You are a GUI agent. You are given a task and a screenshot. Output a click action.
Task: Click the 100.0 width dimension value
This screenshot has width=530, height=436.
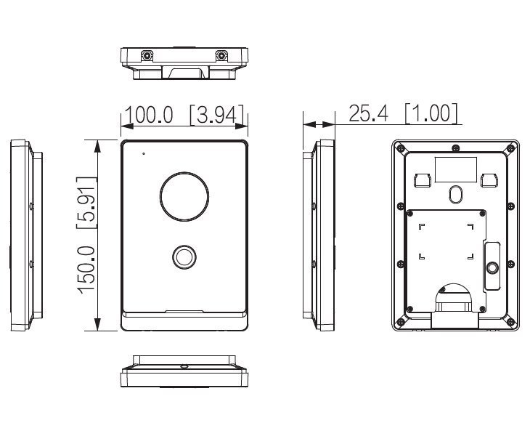click(149, 115)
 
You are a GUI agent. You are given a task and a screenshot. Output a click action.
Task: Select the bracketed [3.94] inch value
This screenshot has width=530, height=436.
click(217, 115)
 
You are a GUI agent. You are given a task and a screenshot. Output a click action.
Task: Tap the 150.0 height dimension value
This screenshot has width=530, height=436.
click(86, 270)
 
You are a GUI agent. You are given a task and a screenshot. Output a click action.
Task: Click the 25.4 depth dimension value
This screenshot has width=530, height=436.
click(368, 113)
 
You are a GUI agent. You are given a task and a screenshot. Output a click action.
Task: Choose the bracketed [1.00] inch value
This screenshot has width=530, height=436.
click(431, 113)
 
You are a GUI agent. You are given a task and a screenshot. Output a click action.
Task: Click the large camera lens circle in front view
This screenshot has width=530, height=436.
click(184, 196)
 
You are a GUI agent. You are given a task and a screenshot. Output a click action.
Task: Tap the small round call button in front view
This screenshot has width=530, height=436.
click(184, 257)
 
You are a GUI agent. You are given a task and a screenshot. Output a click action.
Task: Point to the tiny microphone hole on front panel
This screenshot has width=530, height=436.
click(144, 154)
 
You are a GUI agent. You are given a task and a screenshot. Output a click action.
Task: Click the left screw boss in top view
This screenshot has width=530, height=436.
click(147, 55)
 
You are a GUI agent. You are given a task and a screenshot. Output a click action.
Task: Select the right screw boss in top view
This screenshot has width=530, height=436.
click(221, 55)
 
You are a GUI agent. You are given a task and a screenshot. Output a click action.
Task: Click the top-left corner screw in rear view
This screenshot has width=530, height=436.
click(401, 148)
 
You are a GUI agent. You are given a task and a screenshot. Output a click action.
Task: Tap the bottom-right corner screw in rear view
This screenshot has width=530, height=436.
click(510, 322)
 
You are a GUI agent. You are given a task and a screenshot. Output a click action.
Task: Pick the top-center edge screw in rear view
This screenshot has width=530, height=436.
click(456, 148)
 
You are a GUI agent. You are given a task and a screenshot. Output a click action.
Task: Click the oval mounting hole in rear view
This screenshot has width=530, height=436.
click(455, 194)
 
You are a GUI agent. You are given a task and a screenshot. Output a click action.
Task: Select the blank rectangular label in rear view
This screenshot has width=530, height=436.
click(456, 169)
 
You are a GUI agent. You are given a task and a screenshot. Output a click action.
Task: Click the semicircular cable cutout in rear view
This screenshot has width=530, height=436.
click(453, 294)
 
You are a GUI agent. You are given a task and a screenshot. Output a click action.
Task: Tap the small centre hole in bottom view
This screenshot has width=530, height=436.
click(184, 366)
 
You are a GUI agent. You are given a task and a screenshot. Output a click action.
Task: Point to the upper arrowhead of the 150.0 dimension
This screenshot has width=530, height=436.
click(98, 147)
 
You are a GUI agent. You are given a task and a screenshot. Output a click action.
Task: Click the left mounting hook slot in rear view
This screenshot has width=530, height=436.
click(423, 180)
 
